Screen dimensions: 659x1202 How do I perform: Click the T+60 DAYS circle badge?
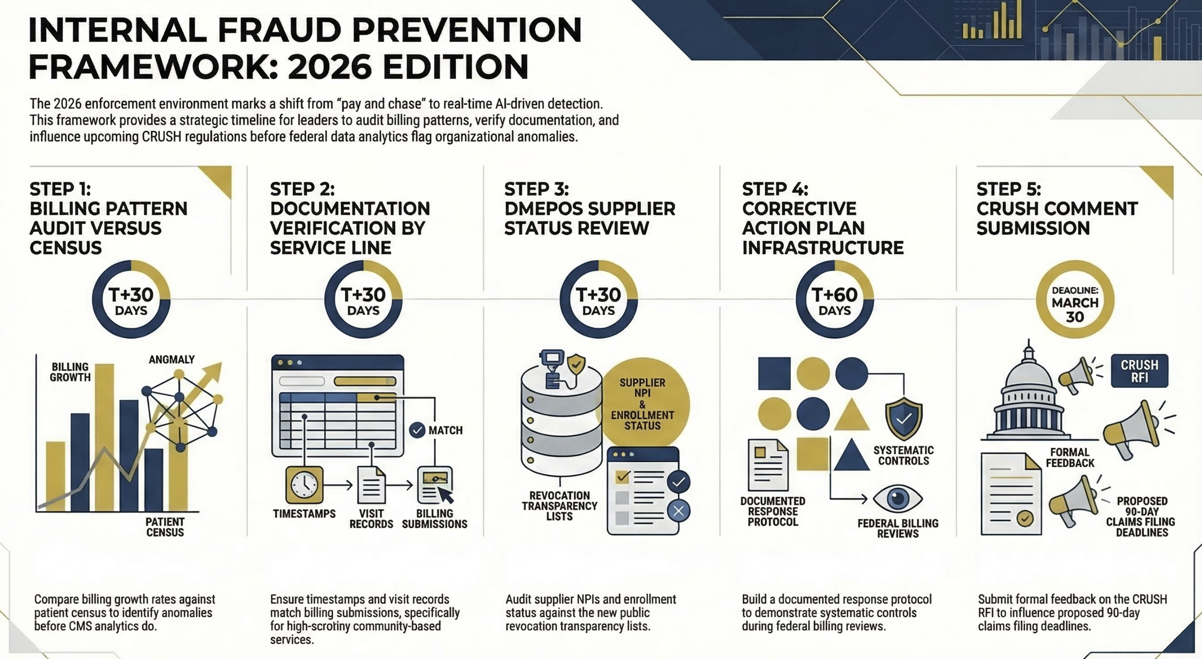pos(835,299)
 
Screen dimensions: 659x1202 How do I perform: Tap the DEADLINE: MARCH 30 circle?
pos(1075,299)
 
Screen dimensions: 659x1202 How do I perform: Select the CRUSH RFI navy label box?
pos(1139,371)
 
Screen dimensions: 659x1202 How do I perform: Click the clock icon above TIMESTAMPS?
pos(304,485)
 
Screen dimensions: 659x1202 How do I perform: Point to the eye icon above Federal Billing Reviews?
pos(897,498)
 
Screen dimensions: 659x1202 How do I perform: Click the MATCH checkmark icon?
pos(417,430)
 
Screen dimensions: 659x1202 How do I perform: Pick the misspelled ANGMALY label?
pos(172,359)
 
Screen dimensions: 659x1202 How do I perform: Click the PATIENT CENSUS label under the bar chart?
pos(165,527)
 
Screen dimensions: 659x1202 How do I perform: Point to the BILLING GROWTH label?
pos(70,372)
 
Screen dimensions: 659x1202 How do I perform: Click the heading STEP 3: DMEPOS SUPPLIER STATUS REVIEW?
pos(589,208)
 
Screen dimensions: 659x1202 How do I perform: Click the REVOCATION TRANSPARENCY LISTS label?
pos(560,506)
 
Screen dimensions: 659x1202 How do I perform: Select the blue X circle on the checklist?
pos(678,511)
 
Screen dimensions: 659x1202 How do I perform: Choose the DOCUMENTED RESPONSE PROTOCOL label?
pos(773,511)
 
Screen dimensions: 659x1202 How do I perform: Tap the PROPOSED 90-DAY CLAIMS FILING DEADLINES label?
pos(1141,516)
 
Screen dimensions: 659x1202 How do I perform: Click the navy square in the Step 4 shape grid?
pos(774,373)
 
